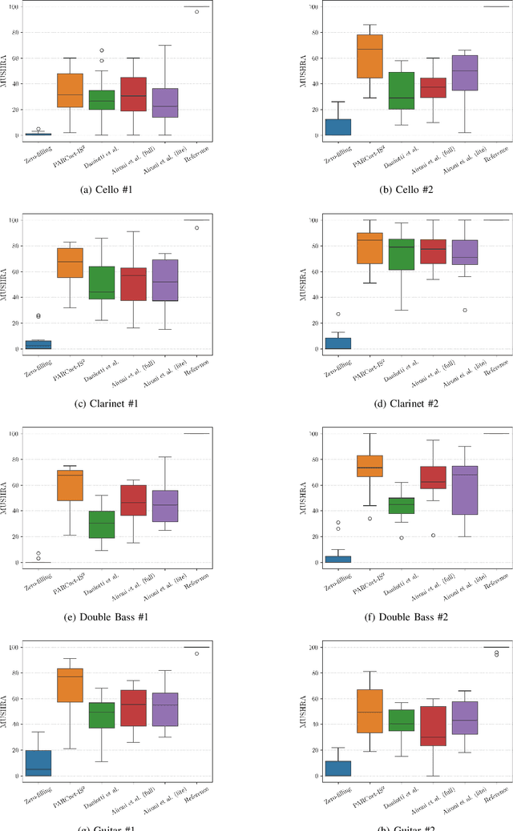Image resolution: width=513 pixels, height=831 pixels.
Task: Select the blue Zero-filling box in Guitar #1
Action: [x=38, y=763]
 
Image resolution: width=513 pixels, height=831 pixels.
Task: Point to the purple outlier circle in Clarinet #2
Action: [x=465, y=310]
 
